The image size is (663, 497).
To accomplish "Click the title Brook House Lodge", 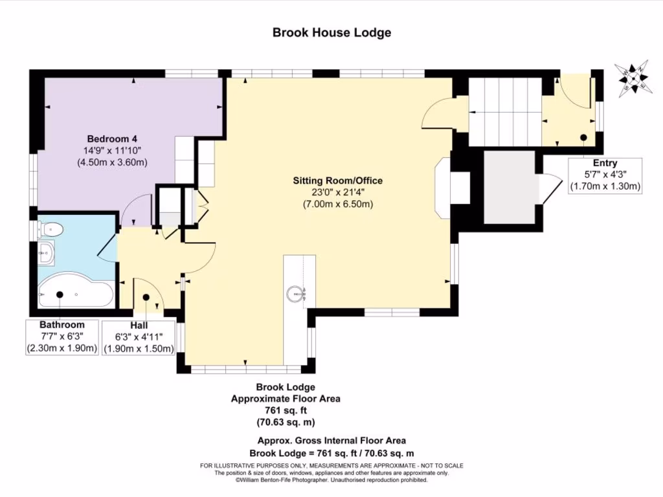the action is coord(331,32).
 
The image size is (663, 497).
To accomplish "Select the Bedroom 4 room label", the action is coord(112,138).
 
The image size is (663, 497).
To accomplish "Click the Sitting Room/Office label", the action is coord(338,181).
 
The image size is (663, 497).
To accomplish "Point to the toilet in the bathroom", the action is coord(50,230).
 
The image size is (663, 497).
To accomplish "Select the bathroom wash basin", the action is coord(46,253).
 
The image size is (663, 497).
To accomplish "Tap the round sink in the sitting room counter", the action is coord(295,294).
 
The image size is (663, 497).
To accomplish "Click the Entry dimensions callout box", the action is coord(605,176).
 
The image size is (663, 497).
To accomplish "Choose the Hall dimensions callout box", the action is coord(139,337).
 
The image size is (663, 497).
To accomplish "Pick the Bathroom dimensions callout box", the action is coord(62,337).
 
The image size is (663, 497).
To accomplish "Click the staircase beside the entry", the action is coord(505,111).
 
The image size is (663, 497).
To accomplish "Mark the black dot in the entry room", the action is coord(583,137).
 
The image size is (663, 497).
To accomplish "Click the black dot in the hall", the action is coord(146,297).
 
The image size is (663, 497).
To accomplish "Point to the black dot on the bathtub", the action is coord(60,294).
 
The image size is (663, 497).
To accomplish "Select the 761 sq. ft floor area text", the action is coord(286,410).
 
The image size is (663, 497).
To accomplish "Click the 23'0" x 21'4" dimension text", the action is coord(338,192).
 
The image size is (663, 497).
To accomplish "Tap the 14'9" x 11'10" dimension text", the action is coord(112,150).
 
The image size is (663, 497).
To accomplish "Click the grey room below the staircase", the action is coord(510,187).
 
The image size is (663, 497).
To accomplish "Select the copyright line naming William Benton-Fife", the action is coord(331,480).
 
